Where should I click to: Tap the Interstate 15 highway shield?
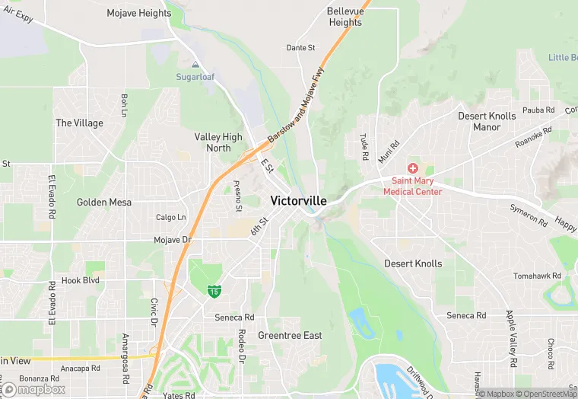(215, 291)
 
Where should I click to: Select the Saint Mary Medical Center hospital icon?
(413, 168)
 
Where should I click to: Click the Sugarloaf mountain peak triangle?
(196, 65)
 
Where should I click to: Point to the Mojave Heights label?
(139, 14)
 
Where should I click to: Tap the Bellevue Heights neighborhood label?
(345, 17)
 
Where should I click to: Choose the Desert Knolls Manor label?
(487, 122)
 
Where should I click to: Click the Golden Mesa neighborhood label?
(104, 203)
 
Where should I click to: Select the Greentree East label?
(290, 336)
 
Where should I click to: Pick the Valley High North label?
(218, 142)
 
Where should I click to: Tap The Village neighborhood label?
(79, 123)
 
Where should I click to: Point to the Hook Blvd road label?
(81, 280)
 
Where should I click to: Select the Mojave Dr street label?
(173, 240)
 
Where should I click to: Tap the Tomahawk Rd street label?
(537, 276)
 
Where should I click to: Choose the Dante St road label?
(300, 48)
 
